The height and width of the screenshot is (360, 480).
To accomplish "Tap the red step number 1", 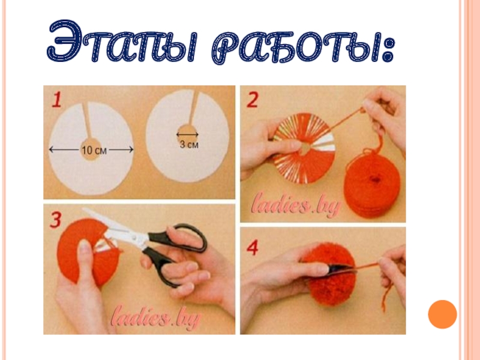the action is [x=57, y=100].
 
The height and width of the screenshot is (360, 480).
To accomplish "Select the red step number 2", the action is [x=253, y=100].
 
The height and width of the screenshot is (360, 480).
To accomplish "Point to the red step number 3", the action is [x=55, y=220].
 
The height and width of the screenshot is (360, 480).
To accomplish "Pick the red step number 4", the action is [x=253, y=248].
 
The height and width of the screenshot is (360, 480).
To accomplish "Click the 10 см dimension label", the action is [x=94, y=150].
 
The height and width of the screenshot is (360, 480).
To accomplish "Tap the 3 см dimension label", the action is [x=189, y=144].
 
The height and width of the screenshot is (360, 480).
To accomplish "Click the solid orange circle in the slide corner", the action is [x=442, y=314].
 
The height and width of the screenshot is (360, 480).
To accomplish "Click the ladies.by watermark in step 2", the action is [x=295, y=205].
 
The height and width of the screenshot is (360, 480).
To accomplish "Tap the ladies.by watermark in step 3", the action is [x=156, y=317].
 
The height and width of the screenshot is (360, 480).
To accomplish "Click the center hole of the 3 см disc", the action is [x=187, y=133].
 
